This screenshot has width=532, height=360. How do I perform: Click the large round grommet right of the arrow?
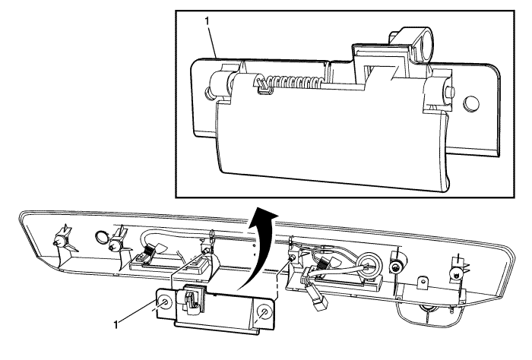pyautogui.click(x=369, y=263)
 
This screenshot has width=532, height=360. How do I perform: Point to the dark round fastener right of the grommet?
pyautogui.click(x=395, y=268)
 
